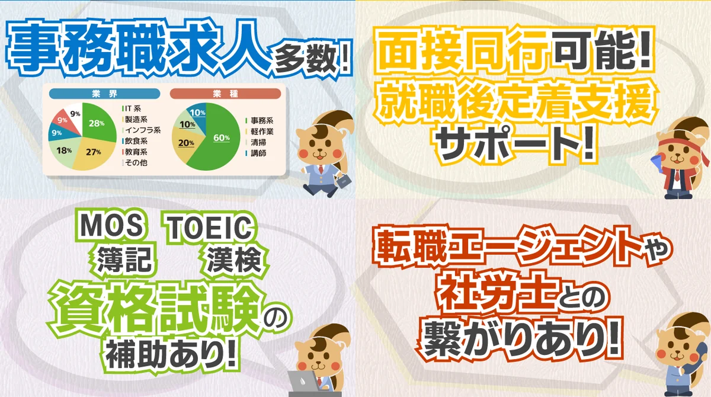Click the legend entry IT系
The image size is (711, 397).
click(132, 109)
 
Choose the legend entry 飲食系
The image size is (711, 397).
click(136, 141)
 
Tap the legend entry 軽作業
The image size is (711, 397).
click(258, 131)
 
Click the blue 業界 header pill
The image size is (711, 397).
click(104, 94)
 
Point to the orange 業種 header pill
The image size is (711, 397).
click(225, 94)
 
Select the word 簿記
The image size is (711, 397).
click(125, 259)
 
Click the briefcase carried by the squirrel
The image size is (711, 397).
click(342, 179)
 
